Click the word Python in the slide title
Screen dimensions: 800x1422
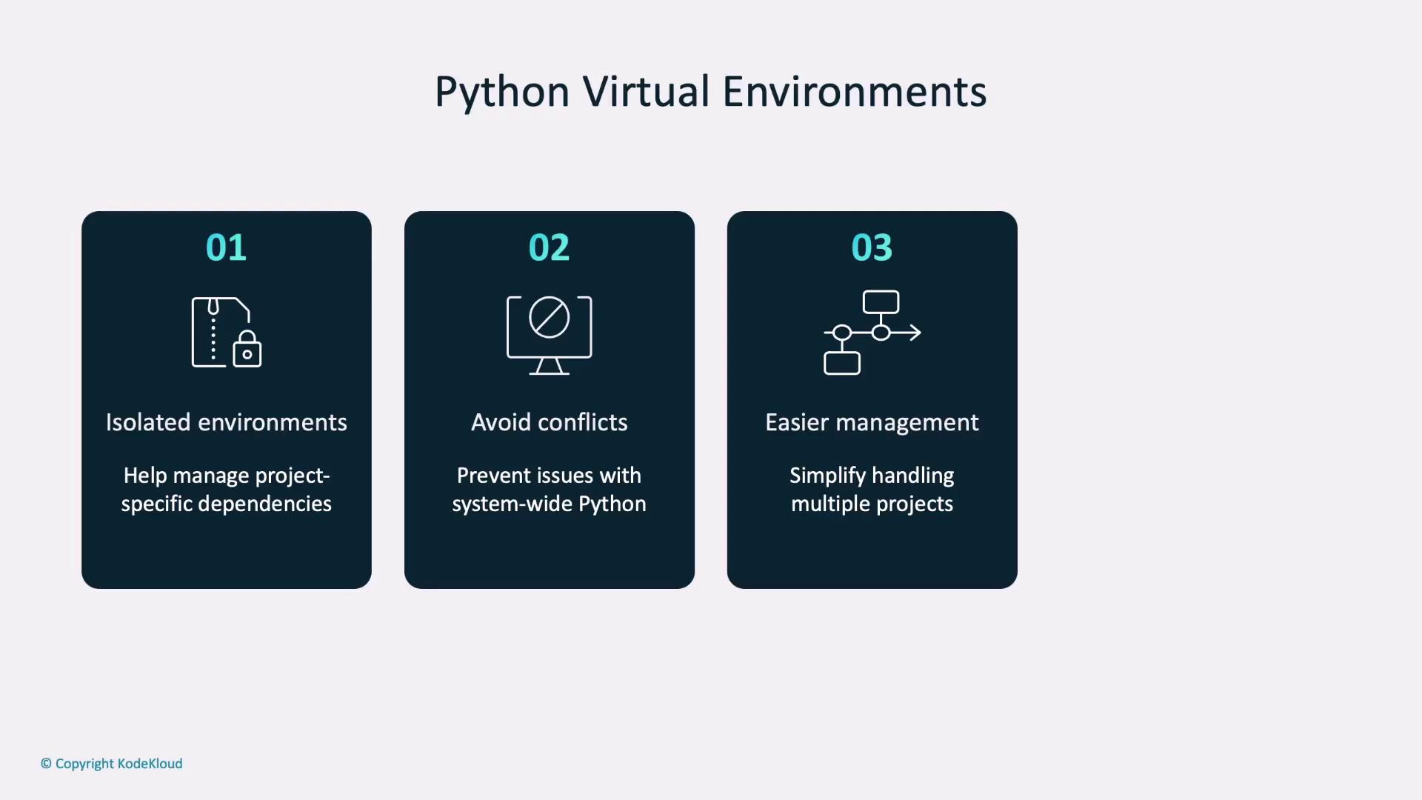pos(501,93)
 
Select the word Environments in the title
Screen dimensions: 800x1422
pos(854,92)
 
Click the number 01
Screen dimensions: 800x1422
pos(226,247)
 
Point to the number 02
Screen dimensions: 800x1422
pos(549,247)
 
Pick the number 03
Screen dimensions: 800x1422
pos(872,247)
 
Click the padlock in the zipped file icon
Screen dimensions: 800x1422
pos(247,350)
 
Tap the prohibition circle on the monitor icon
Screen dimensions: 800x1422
pos(549,318)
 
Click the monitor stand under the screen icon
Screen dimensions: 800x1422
pos(549,367)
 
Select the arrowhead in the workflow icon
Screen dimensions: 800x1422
pos(915,333)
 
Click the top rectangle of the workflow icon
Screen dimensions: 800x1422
pos(881,302)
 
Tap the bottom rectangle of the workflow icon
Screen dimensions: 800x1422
pos(842,363)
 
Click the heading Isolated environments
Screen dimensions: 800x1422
pos(226,422)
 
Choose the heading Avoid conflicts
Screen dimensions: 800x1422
pos(549,422)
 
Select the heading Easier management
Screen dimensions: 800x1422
pos(872,422)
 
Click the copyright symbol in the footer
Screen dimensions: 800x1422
pos(46,764)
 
